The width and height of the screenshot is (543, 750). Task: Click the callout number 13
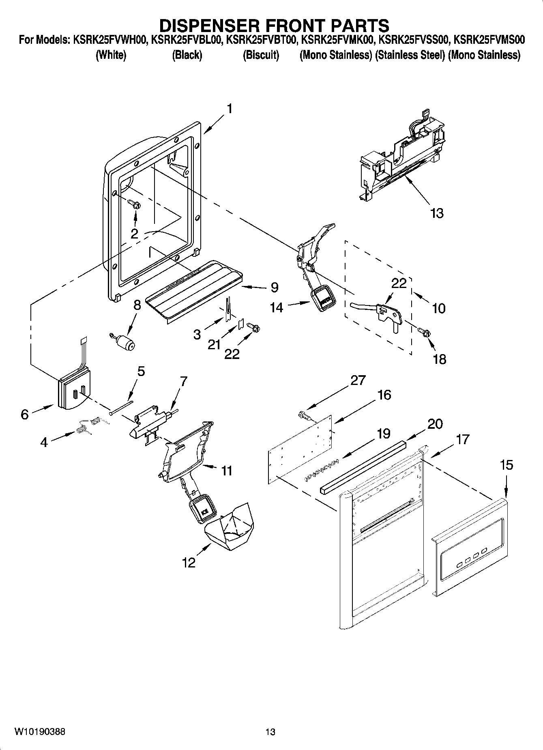437,213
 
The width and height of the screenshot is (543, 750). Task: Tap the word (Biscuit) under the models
261,55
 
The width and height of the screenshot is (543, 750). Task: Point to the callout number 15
507,464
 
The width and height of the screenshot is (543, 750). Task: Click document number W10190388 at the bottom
39,732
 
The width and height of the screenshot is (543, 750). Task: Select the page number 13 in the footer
270,732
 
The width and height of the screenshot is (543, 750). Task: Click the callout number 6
25,415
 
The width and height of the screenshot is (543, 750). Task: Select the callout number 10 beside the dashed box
439,308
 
